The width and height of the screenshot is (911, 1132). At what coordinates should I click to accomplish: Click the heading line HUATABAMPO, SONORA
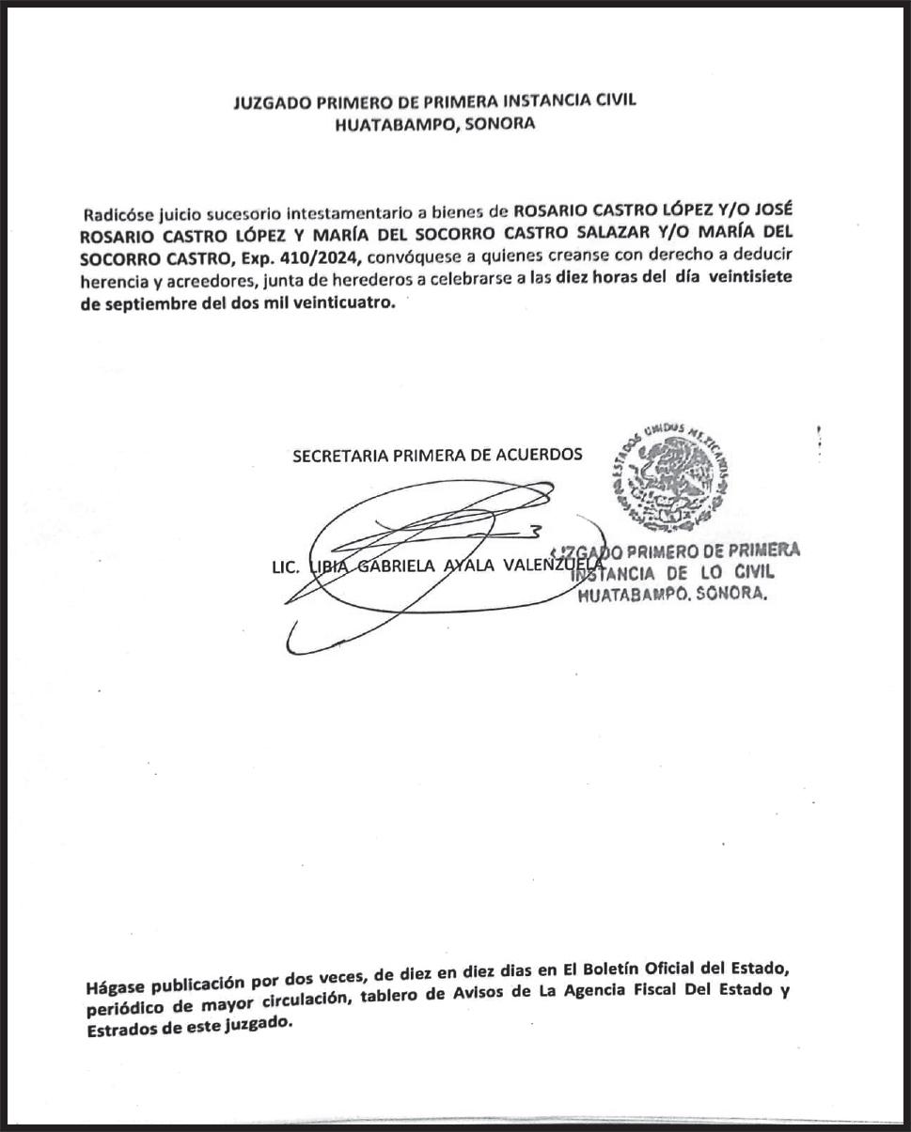point(434,124)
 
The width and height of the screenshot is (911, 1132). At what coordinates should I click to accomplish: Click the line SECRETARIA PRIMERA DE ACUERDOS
point(437,455)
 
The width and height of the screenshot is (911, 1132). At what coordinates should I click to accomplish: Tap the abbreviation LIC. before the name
point(285,566)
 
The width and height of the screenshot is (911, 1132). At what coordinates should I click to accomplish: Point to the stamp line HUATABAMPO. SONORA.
point(671,594)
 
